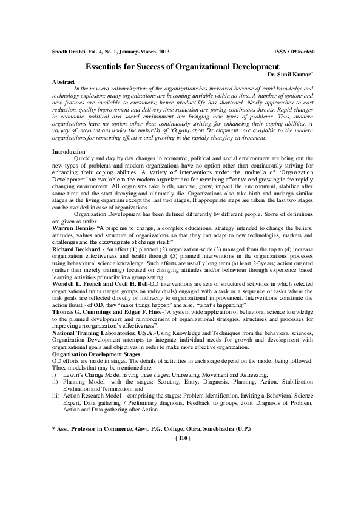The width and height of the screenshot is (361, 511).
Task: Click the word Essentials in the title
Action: [x=107, y=65]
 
